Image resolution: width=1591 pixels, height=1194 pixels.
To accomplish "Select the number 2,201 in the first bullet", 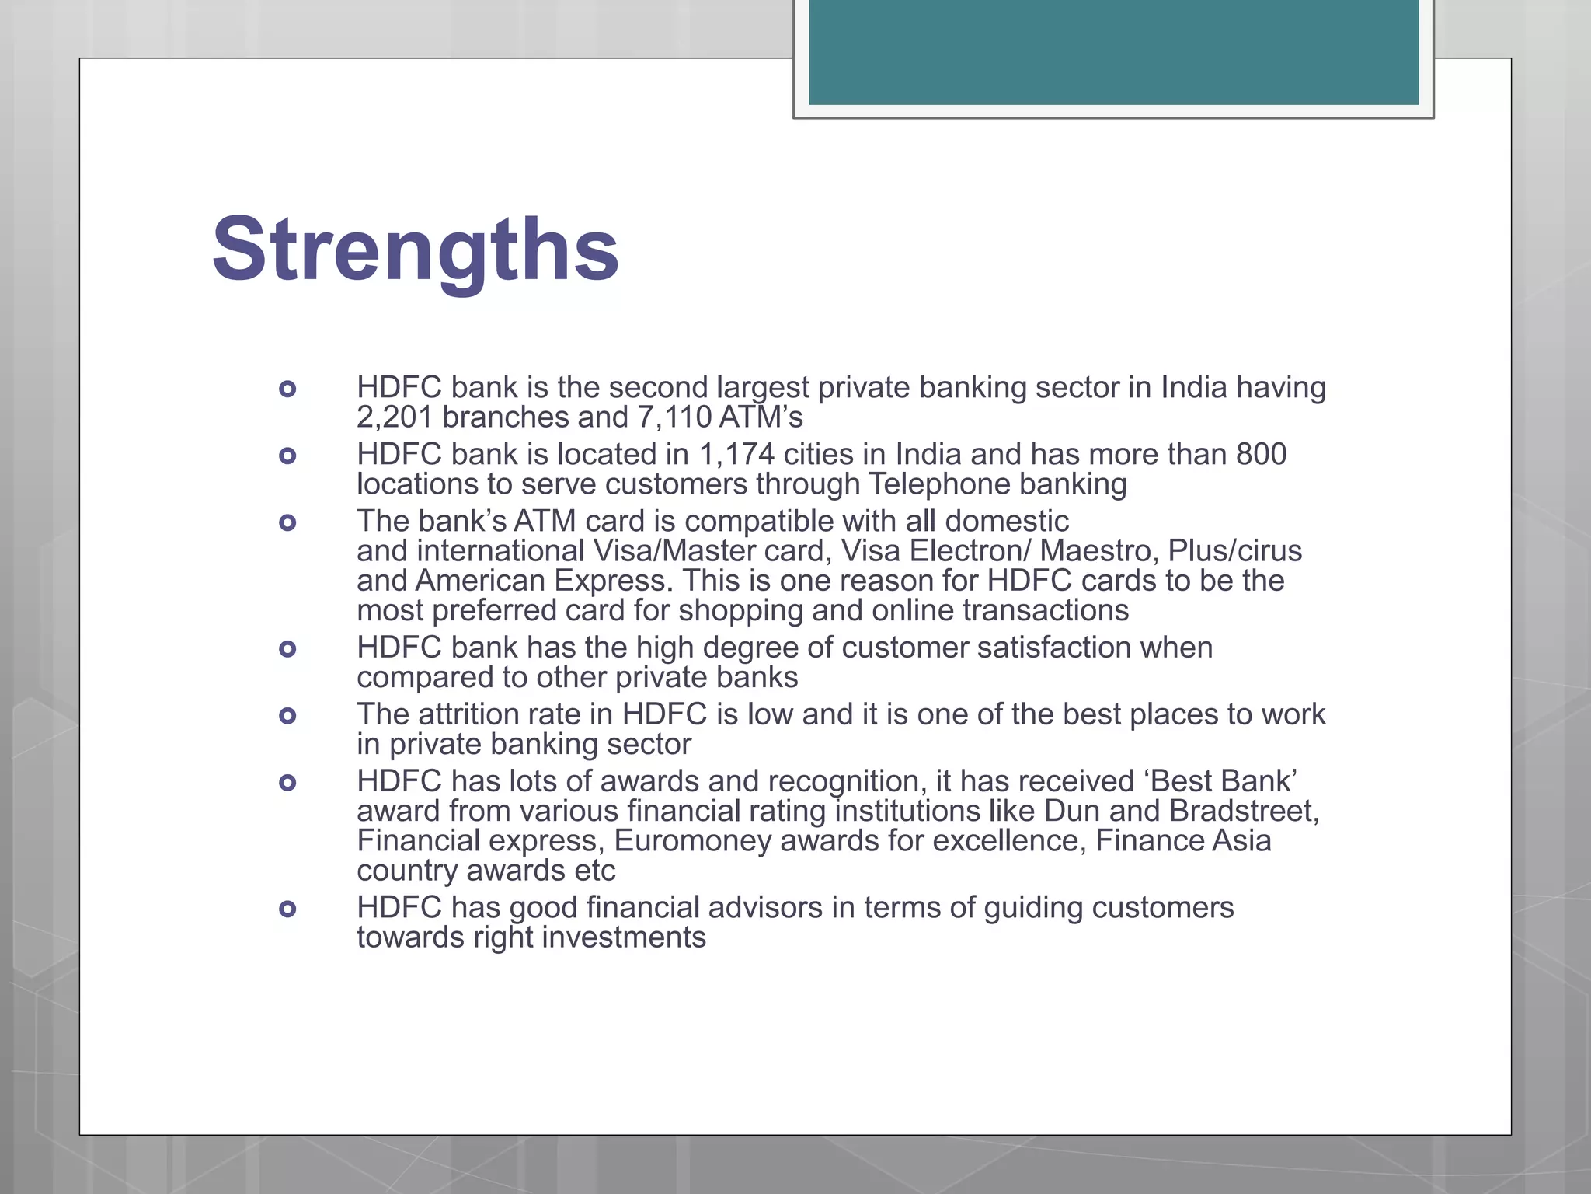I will tap(395, 417).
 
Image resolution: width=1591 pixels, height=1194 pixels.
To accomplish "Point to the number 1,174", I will tap(736, 455).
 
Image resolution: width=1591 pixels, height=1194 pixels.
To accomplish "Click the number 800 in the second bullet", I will tap(1261, 455).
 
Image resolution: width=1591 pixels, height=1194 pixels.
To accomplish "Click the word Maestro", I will tap(1088, 551).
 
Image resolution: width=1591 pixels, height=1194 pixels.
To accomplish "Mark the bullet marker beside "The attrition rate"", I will tap(287, 716).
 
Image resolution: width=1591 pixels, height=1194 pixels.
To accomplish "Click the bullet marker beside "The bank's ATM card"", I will tap(287, 522).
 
